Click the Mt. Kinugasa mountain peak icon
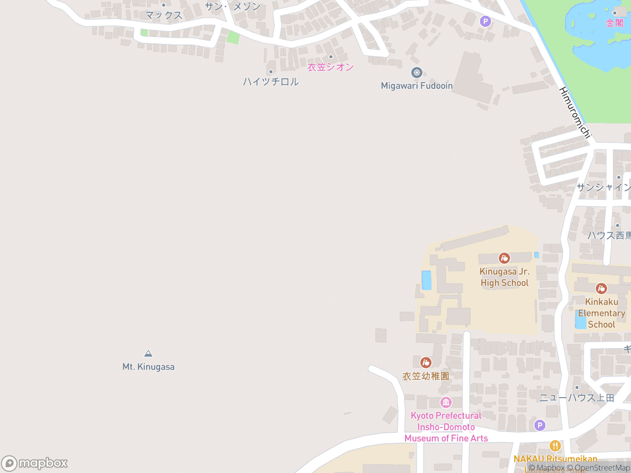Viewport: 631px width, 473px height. coord(148,353)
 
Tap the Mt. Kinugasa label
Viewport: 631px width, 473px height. coord(148,367)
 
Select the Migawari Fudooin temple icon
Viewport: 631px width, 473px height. coord(417,72)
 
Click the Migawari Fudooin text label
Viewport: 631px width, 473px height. coord(417,86)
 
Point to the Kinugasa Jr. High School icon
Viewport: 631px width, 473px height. coord(504,258)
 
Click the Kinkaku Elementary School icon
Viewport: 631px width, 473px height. coord(601,288)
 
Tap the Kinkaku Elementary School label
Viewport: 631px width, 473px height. coord(602,313)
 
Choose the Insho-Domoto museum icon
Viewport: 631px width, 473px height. coord(446,402)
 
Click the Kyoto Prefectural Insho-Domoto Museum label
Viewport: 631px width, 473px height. coord(446,427)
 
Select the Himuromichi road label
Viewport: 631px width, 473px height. coord(575,113)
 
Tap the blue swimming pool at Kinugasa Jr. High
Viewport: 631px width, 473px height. coord(427,280)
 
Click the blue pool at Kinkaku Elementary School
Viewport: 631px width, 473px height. coord(581,321)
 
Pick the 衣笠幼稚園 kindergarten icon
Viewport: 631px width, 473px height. coord(426,363)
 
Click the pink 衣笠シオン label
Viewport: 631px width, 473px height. coord(331,67)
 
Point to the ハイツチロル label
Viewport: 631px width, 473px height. coord(271,82)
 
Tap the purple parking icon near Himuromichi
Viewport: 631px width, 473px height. coord(485,22)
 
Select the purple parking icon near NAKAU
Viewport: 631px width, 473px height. coord(540,426)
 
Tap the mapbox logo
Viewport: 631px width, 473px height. coord(34,463)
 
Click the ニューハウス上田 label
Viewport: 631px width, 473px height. coord(577,398)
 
